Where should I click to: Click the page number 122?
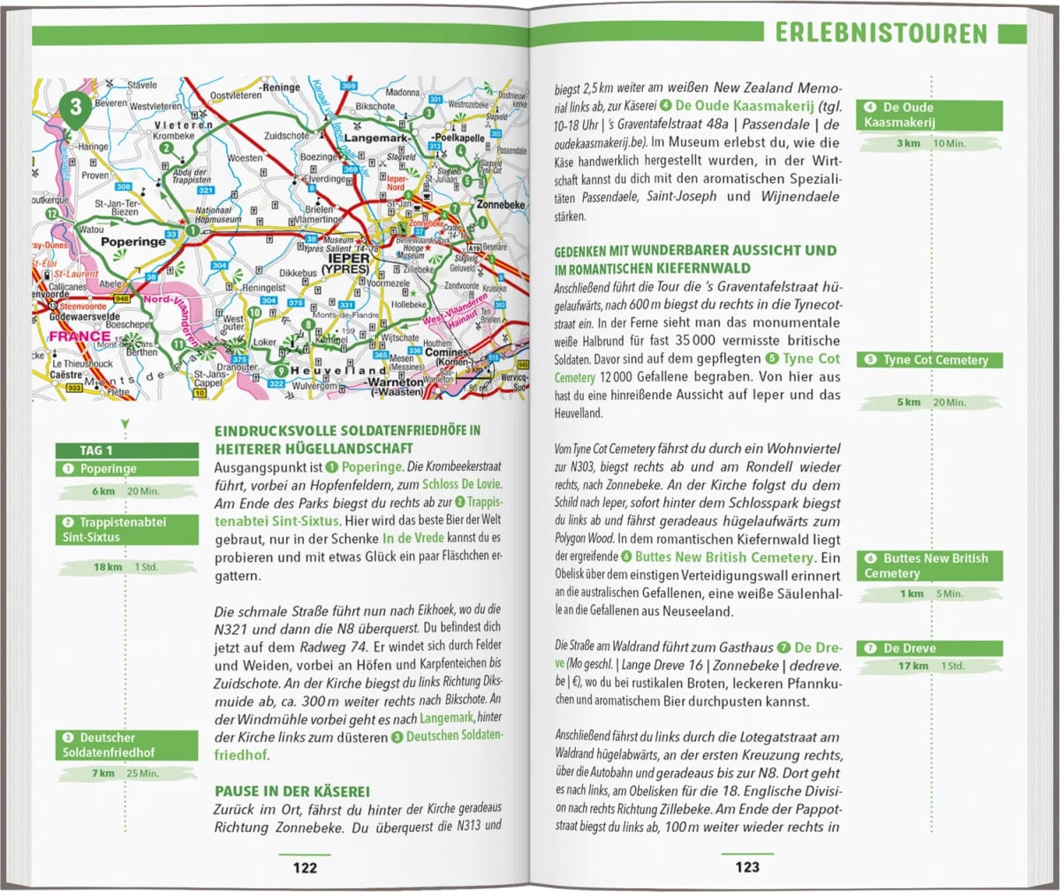305,867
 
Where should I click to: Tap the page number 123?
747,867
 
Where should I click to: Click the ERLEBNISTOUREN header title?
881,34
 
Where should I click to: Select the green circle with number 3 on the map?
76,108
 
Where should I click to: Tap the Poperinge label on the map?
133,241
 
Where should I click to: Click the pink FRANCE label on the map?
79,336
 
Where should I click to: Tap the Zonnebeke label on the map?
500,205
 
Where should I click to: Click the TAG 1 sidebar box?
127,450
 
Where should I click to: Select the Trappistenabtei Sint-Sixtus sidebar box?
127,529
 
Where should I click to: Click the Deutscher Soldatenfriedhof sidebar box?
127,745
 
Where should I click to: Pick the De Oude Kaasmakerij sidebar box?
929,115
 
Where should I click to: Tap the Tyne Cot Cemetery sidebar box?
929,360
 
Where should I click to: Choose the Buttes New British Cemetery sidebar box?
929,565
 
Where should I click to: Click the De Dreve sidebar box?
929,648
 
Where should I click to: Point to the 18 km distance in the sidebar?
107,567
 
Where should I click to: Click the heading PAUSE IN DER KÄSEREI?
292,791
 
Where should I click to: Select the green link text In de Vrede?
413,538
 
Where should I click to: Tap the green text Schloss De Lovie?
461,484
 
